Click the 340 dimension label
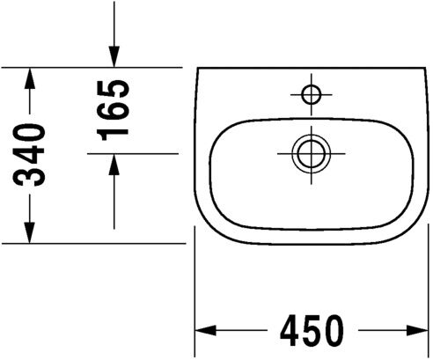32,155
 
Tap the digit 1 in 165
115,130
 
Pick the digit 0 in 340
32,135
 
